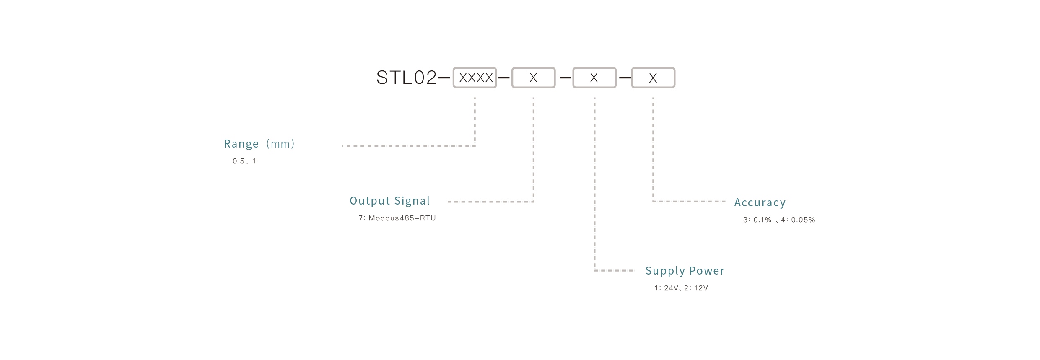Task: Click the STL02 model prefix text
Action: pyautogui.click(x=406, y=78)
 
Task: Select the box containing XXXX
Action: pyautogui.click(x=475, y=78)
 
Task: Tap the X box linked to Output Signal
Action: pyautogui.click(x=533, y=78)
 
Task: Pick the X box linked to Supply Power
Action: pyautogui.click(x=594, y=78)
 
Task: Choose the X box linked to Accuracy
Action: pyautogui.click(x=653, y=78)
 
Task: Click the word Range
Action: pyautogui.click(x=241, y=144)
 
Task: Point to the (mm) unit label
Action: pyautogui.click(x=280, y=144)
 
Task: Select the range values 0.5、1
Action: pyautogui.click(x=244, y=161)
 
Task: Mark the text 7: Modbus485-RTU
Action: pyautogui.click(x=397, y=218)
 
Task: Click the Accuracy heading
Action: pyautogui.click(x=760, y=202)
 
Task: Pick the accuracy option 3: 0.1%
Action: pyautogui.click(x=757, y=220)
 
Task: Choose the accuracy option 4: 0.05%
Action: pyautogui.click(x=798, y=220)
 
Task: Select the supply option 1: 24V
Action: pyautogui.click(x=666, y=288)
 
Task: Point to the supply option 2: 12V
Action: pyautogui.click(x=696, y=288)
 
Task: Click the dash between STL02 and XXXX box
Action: pyautogui.click(x=444, y=78)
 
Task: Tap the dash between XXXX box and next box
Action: pyautogui.click(x=504, y=78)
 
